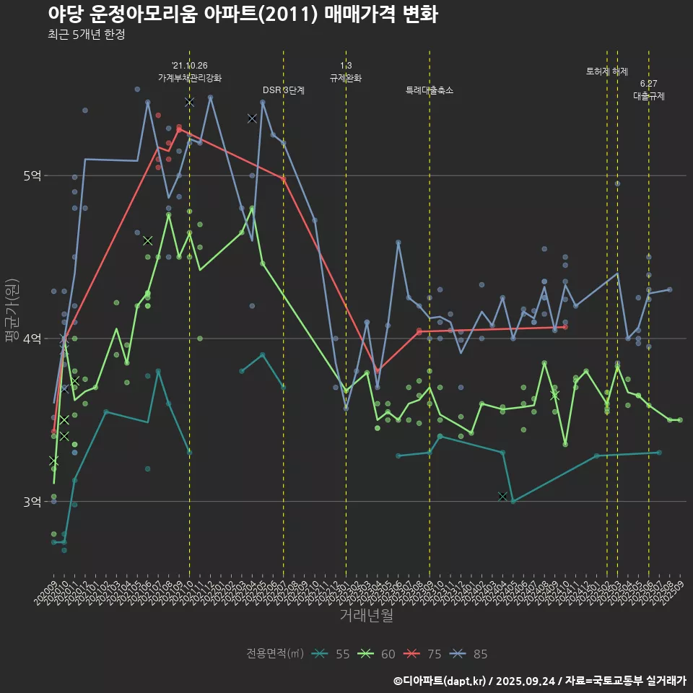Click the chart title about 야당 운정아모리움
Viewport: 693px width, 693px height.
click(243, 14)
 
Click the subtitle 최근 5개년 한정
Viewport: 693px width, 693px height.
click(87, 35)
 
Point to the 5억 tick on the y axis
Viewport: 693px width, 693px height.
click(31, 175)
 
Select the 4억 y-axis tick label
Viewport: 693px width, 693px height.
click(31, 339)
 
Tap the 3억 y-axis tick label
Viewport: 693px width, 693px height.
click(31, 502)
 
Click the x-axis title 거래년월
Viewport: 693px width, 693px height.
click(367, 616)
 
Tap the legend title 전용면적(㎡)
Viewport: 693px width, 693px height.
click(274, 654)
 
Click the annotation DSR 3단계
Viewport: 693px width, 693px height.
click(284, 90)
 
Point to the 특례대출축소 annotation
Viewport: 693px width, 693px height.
click(430, 90)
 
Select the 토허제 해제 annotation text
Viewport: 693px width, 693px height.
click(607, 71)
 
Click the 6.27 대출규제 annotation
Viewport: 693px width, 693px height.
click(648, 90)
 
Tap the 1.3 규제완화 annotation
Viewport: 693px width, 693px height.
click(346, 71)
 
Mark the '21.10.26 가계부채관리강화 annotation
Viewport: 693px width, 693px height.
click(190, 71)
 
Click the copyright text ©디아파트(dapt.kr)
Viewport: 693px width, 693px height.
click(440, 680)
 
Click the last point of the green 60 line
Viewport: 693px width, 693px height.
click(680, 419)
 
